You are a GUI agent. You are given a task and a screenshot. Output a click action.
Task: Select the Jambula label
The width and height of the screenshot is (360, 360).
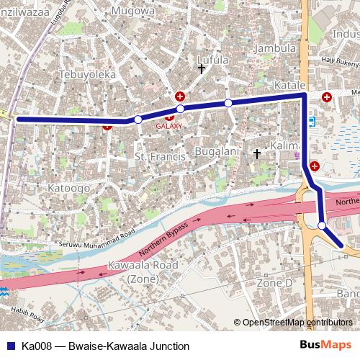pos(276,48)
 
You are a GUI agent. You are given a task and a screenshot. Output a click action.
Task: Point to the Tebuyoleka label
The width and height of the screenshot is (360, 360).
pos(88,74)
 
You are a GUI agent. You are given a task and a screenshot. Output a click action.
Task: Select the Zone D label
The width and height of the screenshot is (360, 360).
pos(275,283)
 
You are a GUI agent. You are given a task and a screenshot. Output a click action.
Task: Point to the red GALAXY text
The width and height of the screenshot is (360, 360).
pos(170,125)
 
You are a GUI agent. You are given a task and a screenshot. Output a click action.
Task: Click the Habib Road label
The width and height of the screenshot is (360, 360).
pos(27,315)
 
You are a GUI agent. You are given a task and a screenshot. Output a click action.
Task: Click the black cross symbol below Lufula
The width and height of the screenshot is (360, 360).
pos(202,68)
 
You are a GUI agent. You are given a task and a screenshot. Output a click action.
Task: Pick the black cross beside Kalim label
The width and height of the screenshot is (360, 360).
pos(257,153)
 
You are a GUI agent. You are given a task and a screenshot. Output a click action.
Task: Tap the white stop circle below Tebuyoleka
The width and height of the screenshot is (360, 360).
pos(138,120)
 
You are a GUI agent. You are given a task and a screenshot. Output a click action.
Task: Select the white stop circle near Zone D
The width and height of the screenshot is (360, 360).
pos(322,225)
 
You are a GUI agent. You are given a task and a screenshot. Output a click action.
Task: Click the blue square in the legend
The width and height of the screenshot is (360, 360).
pos(9,346)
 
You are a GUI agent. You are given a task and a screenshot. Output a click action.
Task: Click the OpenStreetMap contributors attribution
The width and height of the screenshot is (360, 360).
pos(297,323)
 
